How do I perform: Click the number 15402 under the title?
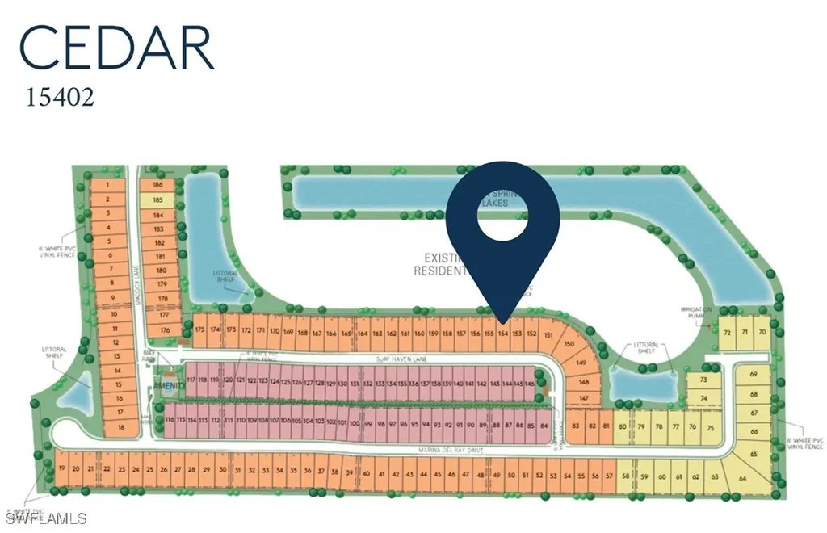pyautogui.click(x=61, y=98)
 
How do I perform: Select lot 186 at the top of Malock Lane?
pyautogui.click(x=157, y=184)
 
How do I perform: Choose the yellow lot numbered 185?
pyautogui.click(x=157, y=199)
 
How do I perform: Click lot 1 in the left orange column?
pyautogui.click(x=107, y=184)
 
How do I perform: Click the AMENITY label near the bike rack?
pyautogui.click(x=171, y=387)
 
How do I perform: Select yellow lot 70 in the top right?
pyautogui.click(x=761, y=332)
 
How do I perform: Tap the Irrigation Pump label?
pyautogui.click(x=696, y=313)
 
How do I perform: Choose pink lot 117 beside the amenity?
pyautogui.click(x=191, y=380)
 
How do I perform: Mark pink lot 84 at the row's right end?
pyautogui.click(x=544, y=424)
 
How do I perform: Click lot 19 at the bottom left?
pyautogui.click(x=61, y=469)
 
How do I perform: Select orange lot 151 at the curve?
pyautogui.click(x=549, y=334)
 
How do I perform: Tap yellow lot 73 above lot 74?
pyautogui.click(x=703, y=380)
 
